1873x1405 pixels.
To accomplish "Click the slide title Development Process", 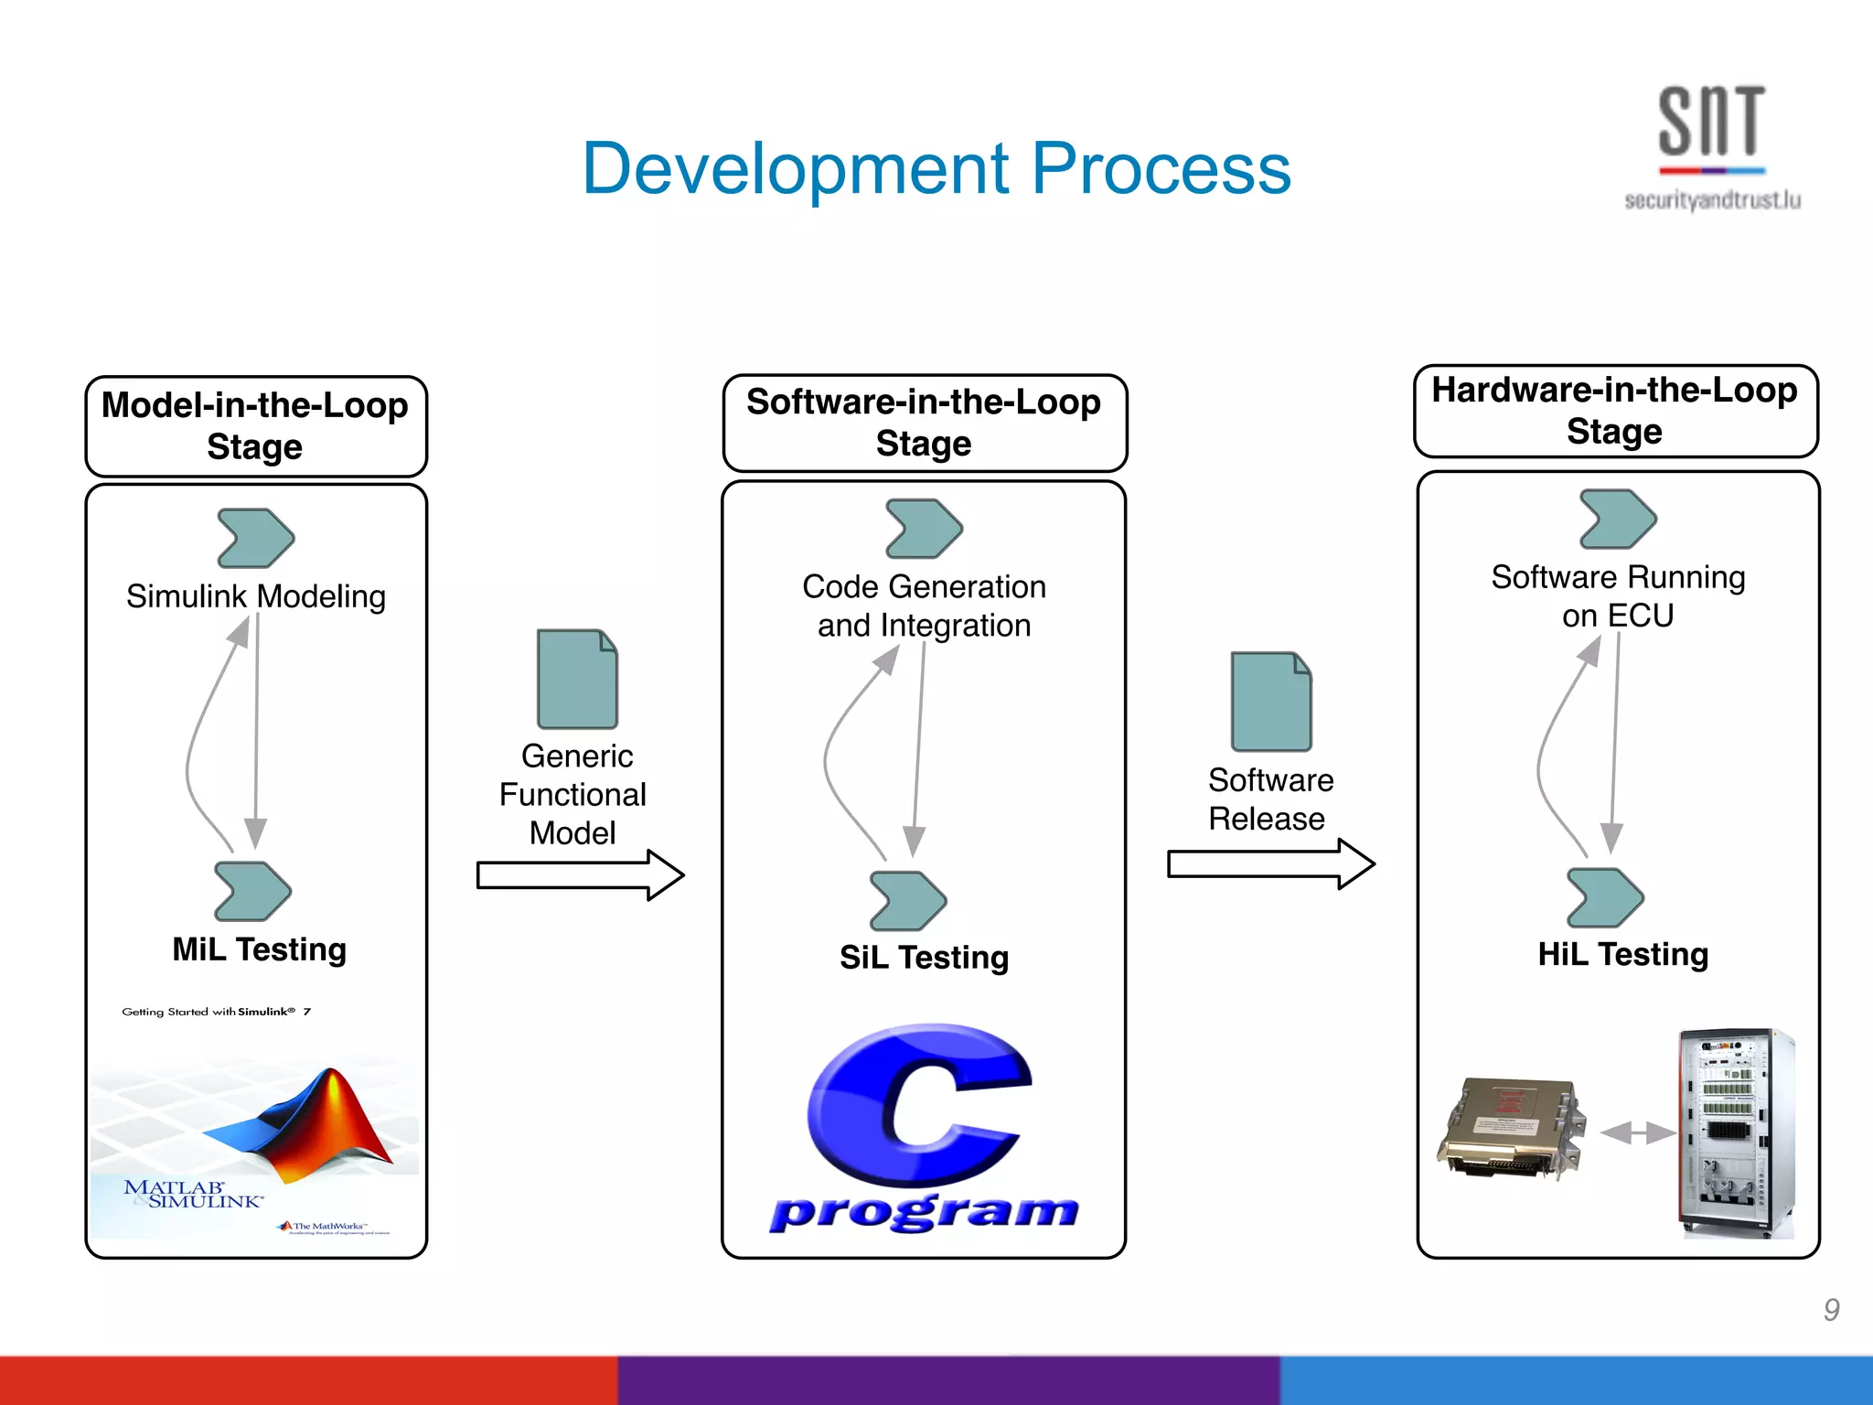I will pyautogui.click(x=936, y=169).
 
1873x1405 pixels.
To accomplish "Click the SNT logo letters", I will pyautogui.click(x=1710, y=122).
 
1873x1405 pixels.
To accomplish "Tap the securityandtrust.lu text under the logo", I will pyautogui.click(x=1712, y=200).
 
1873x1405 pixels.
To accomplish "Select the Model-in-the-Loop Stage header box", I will pyautogui.click(x=256, y=426).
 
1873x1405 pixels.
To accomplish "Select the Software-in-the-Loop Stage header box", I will pyautogui.click(x=924, y=423).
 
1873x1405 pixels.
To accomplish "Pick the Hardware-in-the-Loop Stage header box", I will pyautogui.click(x=1615, y=411).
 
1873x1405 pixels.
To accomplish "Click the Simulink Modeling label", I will pyautogui.click(x=256, y=596).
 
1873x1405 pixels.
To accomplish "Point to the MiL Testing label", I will pyautogui.click(x=260, y=949).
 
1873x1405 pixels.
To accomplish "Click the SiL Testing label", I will pyautogui.click(x=924, y=958).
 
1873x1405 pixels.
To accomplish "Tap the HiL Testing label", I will pyautogui.click(x=1622, y=954).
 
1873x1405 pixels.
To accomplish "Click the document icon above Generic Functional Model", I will pyautogui.click(x=577, y=679).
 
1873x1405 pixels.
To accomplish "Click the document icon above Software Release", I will pyautogui.click(x=1271, y=702).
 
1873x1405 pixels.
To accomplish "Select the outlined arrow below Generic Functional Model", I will pyautogui.click(x=580, y=875).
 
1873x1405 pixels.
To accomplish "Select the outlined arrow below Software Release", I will pyautogui.click(x=1271, y=864).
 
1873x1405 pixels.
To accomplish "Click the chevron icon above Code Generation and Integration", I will pyautogui.click(x=924, y=529).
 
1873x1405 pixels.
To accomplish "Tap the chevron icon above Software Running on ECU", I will pyautogui.click(x=1617, y=519).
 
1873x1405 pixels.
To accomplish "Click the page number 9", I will pyautogui.click(x=1831, y=1310).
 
